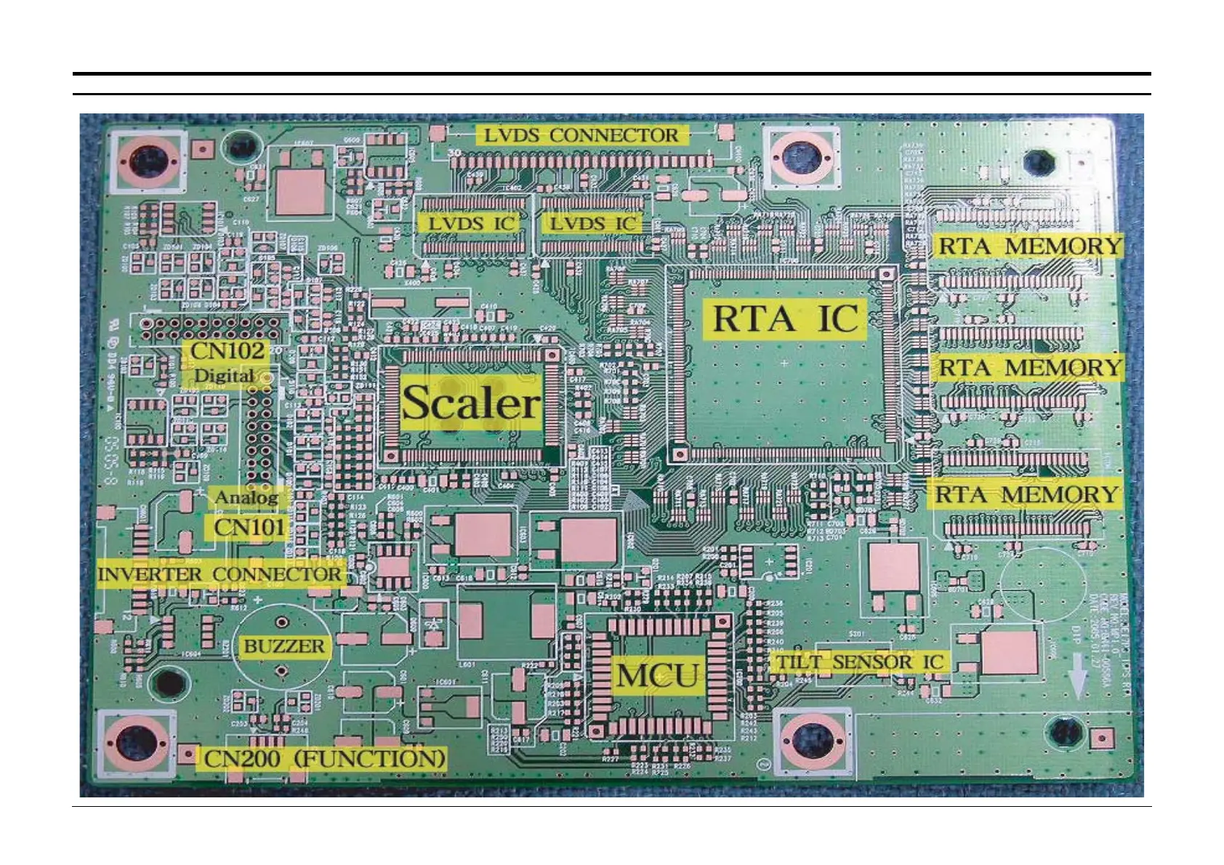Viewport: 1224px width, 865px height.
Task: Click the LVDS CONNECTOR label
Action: coord(581,135)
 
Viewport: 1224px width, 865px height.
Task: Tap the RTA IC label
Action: coord(785,319)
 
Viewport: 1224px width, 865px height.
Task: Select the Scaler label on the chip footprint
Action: coord(472,403)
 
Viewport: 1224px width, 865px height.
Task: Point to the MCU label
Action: coord(659,676)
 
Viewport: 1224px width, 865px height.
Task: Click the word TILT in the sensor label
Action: coord(800,662)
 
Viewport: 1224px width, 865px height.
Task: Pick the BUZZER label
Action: coord(283,646)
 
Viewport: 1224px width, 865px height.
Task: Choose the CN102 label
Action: coord(228,351)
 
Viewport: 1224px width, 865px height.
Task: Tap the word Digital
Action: coord(224,376)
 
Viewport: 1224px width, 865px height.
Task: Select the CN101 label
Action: coord(249,527)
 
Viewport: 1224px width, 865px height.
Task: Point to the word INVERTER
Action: coord(150,574)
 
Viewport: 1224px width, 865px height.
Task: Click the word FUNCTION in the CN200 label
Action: coord(371,759)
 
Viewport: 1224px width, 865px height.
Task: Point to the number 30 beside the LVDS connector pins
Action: coord(454,153)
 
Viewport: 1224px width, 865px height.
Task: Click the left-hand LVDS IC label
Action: coord(470,223)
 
